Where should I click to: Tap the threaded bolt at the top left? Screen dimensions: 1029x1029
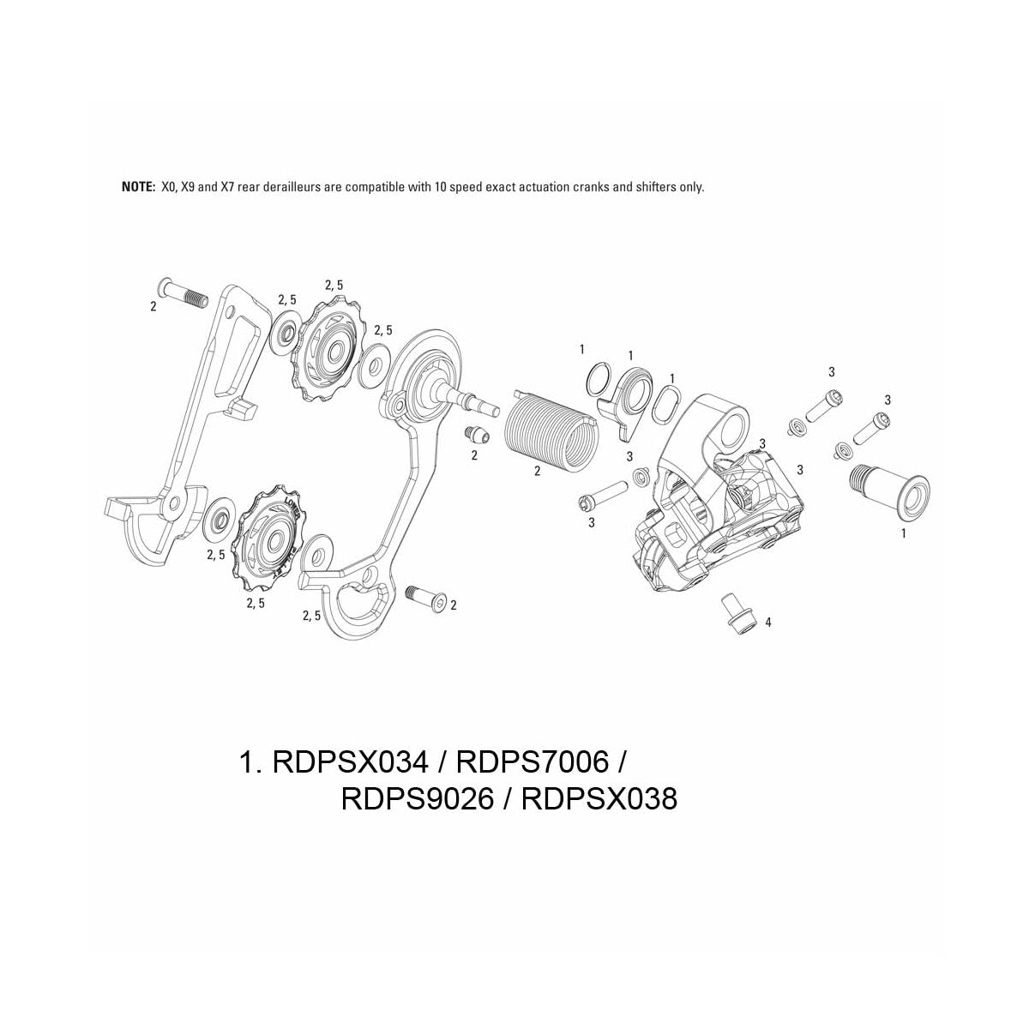point(184,293)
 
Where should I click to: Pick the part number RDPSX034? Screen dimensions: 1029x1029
point(349,761)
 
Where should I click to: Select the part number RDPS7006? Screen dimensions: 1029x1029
point(531,761)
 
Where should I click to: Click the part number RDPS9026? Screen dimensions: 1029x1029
point(418,799)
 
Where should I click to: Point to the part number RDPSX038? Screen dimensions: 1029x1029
point(599,799)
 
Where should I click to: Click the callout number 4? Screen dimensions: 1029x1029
point(768,623)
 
